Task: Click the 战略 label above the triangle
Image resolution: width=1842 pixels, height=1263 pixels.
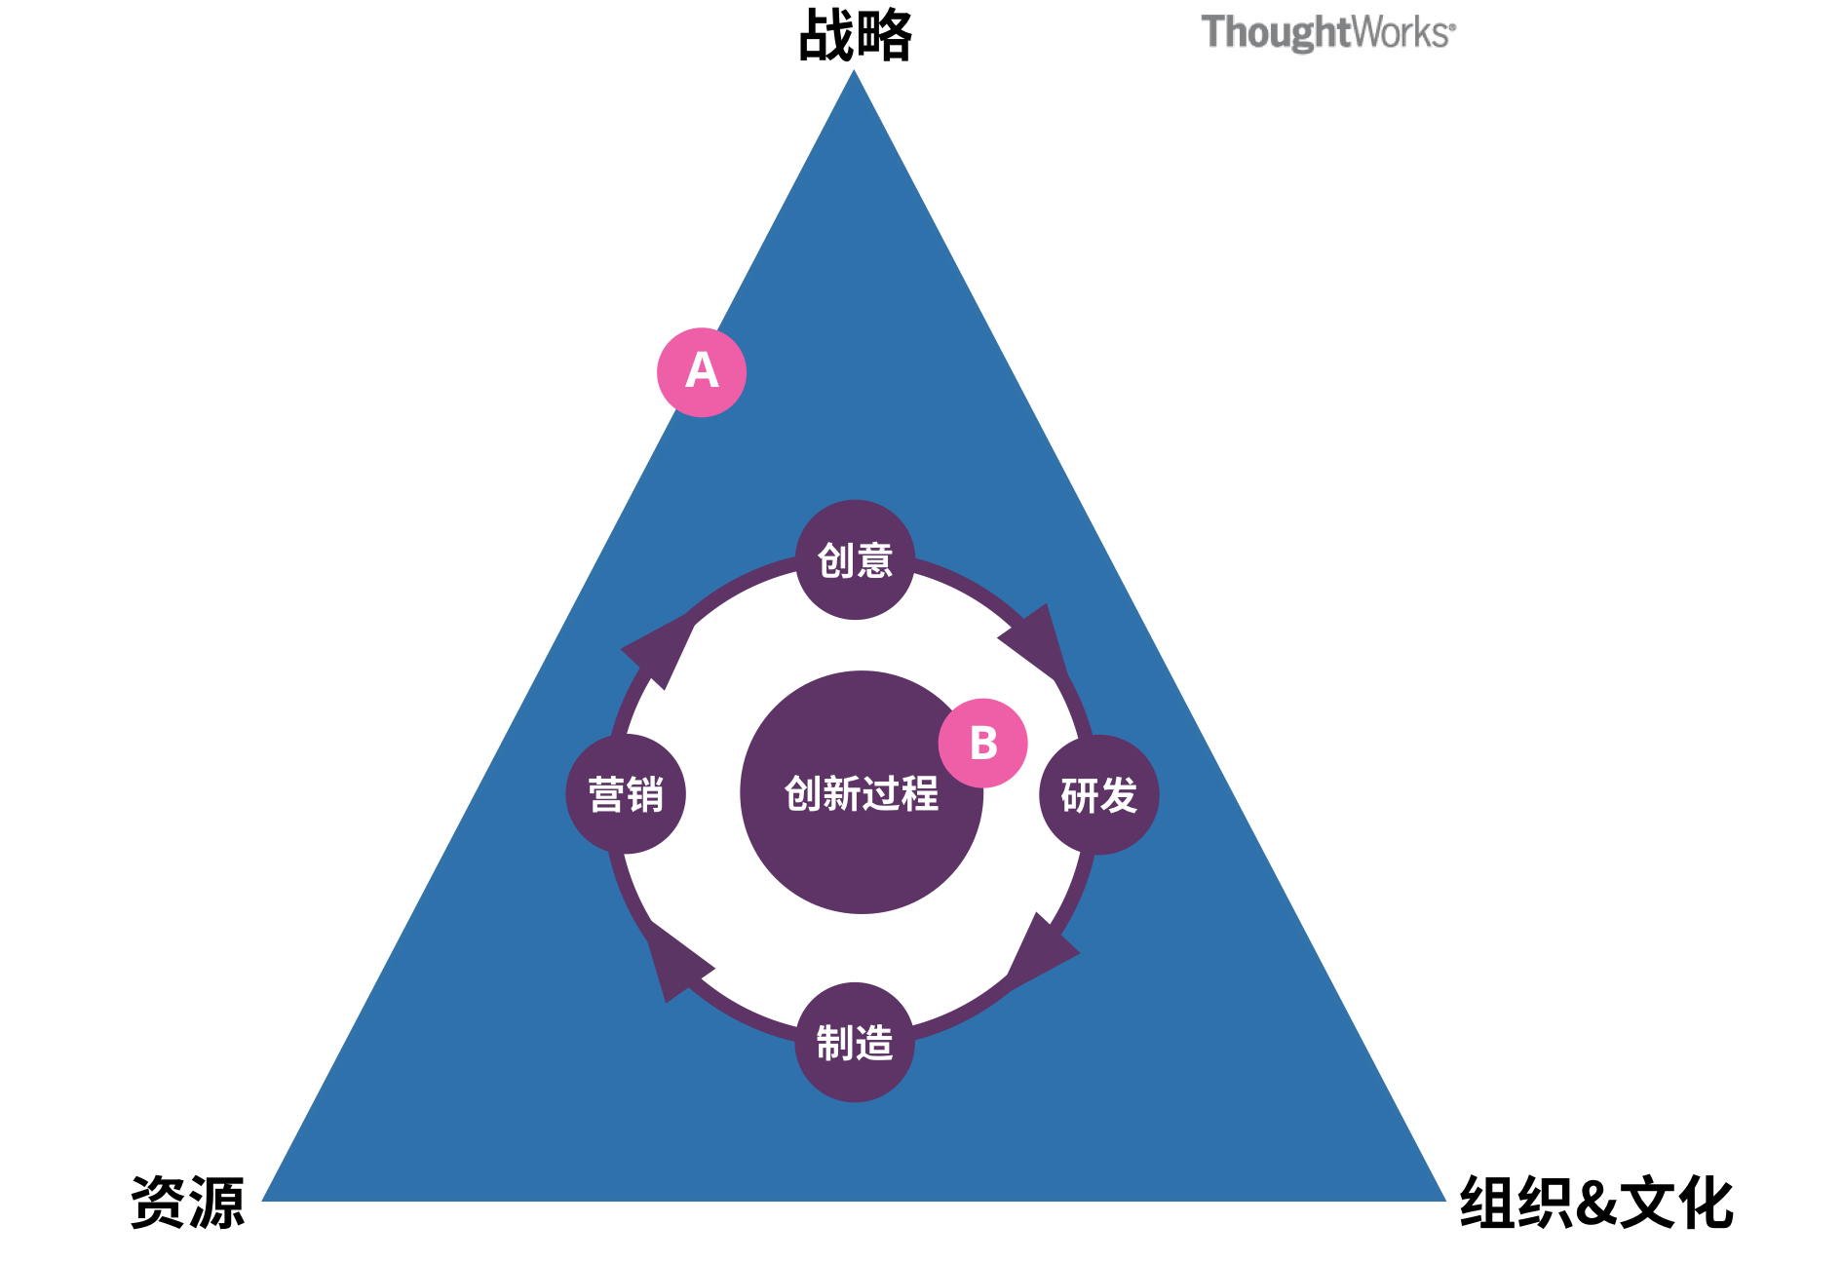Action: click(x=855, y=36)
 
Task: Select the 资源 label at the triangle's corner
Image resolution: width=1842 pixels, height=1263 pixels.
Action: click(x=187, y=1202)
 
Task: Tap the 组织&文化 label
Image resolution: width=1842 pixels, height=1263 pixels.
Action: click(x=1596, y=1203)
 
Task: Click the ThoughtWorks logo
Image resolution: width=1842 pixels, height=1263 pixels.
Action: click(x=1328, y=32)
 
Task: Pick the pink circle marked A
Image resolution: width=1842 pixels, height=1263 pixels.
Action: click(x=702, y=372)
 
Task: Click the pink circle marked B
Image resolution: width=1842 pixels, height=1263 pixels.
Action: click(x=983, y=743)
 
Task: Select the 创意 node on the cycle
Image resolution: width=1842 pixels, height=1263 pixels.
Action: click(x=855, y=559)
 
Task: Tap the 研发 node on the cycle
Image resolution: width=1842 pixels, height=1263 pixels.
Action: click(x=1099, y=795)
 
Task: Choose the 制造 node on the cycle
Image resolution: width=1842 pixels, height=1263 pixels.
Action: click(x=855, y=1043)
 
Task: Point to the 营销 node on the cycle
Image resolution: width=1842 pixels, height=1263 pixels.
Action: click(x=626, y=794)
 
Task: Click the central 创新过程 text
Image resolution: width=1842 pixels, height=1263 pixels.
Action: click(x=862, y=793)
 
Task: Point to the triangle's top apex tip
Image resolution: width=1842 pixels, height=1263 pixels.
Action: click(x=854, y=70)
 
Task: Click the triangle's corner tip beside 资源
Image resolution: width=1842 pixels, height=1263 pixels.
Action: click(x=262, y=1201)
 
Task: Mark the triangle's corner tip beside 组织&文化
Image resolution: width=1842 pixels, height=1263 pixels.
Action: click(x=1445, y=1201)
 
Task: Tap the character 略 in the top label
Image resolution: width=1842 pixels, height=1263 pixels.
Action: click(x=884, y=36)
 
